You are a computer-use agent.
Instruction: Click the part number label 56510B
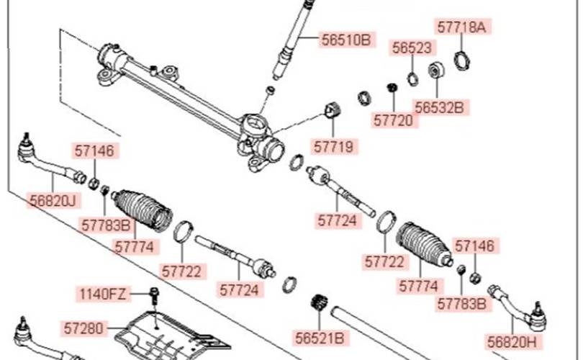coord(346,40)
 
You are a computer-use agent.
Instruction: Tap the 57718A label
coord(461,27)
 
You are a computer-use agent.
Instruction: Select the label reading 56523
coord(412,48)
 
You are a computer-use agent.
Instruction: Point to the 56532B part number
coord(440,107)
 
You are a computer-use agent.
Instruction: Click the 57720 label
coord(394,120)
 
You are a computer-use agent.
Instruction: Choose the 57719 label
coord(333,147)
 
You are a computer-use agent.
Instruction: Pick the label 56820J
coord(53,201)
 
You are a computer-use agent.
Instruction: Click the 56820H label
coord(512,342)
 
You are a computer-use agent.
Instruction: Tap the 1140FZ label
coord(103,294)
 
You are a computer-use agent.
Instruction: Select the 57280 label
coord(83,328)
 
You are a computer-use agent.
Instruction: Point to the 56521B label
coord(320,338)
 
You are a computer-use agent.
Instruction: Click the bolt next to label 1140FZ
coord(154,297)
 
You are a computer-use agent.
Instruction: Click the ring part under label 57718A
coord(463,60)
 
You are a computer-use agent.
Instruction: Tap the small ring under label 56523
coord(412,79)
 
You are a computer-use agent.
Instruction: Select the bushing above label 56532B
coord(436,70)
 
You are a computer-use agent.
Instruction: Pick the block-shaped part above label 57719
coord(333,109)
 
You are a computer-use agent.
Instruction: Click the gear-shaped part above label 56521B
coord(319,302)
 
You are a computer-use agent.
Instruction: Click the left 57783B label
coord(106,225)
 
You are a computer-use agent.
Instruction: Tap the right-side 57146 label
coord(475,246)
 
